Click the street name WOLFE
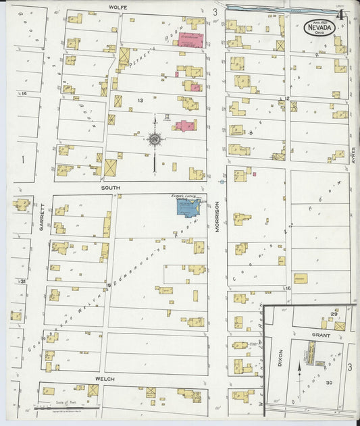coord(119,7)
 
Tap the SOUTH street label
coord(110,189)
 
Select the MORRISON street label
coord(218,216)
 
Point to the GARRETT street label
coord(41,217)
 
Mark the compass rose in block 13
coord(155,140)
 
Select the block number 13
coord(140,100)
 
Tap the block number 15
coord(107,286)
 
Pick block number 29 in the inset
coord(334,315)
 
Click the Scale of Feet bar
coord(66,407)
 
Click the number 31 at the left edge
coord(23,281)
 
